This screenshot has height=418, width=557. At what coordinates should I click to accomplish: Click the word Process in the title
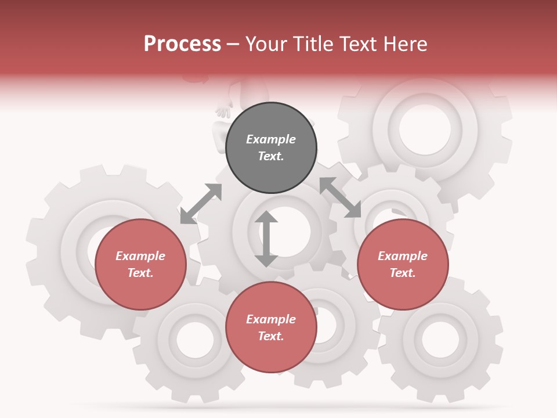click(182, 44)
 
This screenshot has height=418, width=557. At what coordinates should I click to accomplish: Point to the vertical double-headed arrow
click(266, 239)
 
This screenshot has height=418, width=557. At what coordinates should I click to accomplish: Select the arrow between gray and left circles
click(201, 204)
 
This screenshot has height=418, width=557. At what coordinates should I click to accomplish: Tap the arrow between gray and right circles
click(340, 197)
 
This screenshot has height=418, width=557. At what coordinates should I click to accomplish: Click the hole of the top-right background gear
click(425, 127)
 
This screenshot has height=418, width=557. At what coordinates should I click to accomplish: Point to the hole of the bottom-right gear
click(440, 339)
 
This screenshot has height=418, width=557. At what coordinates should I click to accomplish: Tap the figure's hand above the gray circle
click(223, 110)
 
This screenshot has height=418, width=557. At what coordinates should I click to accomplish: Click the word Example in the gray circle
click(271, 139)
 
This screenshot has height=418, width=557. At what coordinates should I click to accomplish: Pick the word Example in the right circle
click(403, 256)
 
